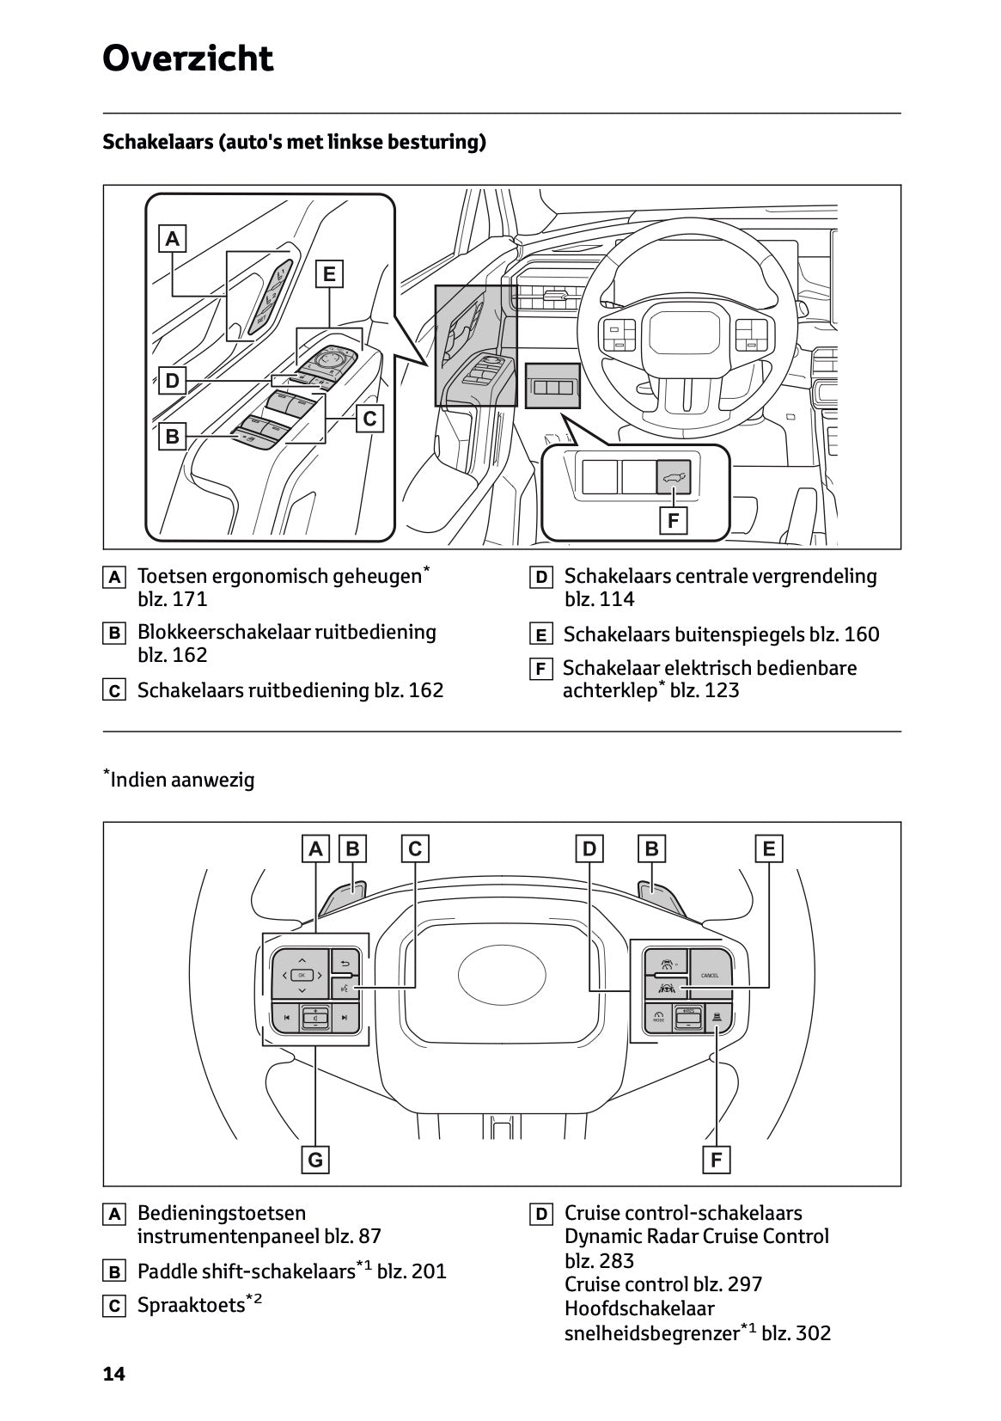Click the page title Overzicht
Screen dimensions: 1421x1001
coord(187,58)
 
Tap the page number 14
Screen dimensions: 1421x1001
coord(113,1374)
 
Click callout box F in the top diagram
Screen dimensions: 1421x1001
coord(674,520)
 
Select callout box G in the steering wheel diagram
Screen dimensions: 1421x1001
coord(315,1160)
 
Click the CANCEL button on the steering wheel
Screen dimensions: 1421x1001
coord(710,975)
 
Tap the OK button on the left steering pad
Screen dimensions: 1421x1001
coord(301,975)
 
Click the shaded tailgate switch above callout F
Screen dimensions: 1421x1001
coord(674,475)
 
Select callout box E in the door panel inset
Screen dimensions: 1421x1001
coord(328,274)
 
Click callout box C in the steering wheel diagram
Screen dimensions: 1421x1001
coord(415,849)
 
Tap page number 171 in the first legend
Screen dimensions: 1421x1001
coord(190,599)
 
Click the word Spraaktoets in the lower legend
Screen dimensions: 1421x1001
coord(191,1306)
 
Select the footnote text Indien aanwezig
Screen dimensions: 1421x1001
coord(182,780)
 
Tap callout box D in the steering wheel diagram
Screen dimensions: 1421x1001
coord(589,849)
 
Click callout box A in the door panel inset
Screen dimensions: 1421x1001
coord(173,238)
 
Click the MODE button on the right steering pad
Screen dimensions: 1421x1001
coord(658,1019)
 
